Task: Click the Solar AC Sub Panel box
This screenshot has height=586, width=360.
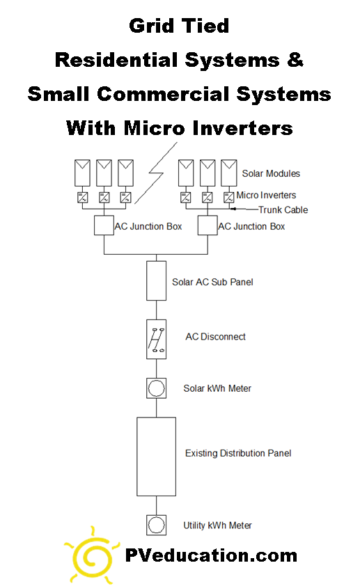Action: (156, 280)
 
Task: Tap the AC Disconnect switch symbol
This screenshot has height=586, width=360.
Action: (156, 340)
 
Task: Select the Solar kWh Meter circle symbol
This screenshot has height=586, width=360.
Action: (156, 388)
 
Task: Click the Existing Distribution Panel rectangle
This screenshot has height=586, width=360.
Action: (156, 457)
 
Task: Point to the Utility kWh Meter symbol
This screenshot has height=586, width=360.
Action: (156, 525)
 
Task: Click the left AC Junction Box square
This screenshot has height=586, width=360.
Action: (104, 225)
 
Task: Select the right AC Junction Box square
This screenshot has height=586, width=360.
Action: (208, 225)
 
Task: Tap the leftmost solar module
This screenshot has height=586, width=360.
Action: (82, 173)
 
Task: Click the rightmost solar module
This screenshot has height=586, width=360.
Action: (229, 173)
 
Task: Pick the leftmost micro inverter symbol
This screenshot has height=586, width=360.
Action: (83, 198)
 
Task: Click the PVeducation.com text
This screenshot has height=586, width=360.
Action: (211, 555)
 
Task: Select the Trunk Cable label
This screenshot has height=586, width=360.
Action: (283, 209)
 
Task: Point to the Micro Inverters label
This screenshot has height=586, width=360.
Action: (266, 195)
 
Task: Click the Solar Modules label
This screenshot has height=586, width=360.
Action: (271, 173)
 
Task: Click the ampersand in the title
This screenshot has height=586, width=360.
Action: (295, 60)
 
